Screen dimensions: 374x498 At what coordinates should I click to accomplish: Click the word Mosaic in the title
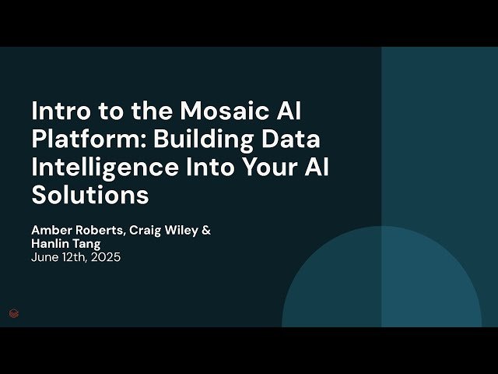click(226, 111)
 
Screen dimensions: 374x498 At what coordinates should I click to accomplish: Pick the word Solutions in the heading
click(90, 196)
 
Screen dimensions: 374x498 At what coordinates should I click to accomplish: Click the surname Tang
click(87, 243)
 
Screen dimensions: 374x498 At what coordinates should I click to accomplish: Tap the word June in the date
click(44, 256)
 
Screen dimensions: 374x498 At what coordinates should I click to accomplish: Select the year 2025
click(105, 256)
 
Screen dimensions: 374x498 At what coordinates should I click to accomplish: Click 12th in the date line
click(73, 256)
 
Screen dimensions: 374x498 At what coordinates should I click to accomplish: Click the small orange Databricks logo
click(13, 313)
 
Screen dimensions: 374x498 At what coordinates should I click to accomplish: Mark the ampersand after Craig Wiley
click(206, 231)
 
